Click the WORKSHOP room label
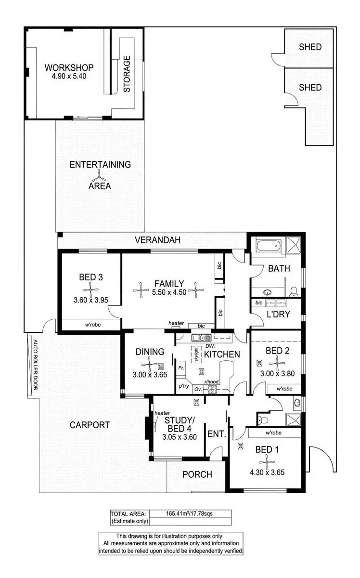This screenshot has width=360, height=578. pos(69,68)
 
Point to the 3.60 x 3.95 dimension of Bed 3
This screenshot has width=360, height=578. pos(90,300)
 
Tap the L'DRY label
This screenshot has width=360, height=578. pos(277,314)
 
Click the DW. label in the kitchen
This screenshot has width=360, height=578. pos(210,346)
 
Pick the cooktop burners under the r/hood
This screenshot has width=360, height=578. pos(213,389)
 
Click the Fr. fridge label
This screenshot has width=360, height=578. pos(181,368)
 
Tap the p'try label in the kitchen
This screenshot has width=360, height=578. pos(183,386)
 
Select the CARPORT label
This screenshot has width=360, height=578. pos(90,425)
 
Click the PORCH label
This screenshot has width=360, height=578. pos(197,474)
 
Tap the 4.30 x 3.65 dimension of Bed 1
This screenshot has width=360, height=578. pos(267,473)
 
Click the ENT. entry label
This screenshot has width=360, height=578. pos(217,434)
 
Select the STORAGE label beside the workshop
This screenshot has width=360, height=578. pos(127,74)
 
